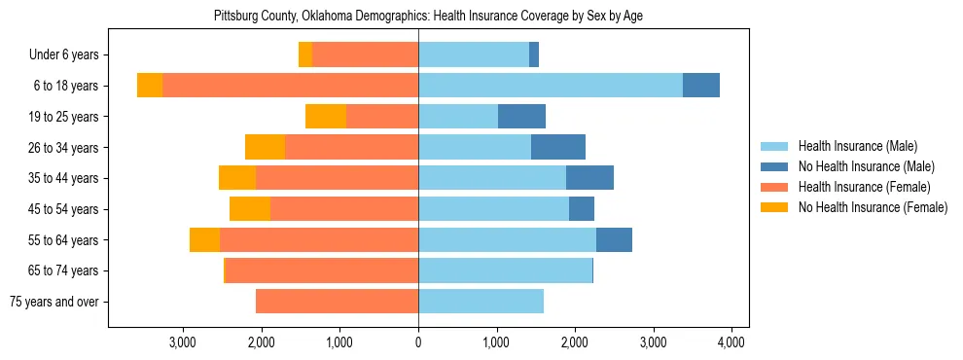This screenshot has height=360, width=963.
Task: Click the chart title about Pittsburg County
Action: tap(428, 16)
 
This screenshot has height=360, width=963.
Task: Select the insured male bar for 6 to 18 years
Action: tap(550, 86)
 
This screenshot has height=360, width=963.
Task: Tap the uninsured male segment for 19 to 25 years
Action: tap(521, 117)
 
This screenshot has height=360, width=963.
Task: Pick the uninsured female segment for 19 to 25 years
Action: tap(326, 117)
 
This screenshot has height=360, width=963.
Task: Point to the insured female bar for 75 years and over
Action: tap(337, 302)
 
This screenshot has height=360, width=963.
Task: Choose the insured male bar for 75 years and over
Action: tap(481, 302)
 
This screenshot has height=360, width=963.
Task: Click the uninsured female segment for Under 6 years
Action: tap(304, 54)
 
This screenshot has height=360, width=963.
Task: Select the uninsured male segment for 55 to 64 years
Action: tap(614, 240)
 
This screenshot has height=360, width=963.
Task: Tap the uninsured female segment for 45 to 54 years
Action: tap(250, 209)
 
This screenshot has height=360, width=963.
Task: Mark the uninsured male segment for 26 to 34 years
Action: tap(558, 148)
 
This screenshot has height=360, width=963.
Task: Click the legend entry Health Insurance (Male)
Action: tap(857, 146)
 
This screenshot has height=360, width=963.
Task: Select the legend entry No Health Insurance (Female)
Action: tap(873, 207)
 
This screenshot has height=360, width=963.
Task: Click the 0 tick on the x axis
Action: tap(418, 342)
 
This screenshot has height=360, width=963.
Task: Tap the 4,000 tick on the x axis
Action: tap(731, 342)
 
